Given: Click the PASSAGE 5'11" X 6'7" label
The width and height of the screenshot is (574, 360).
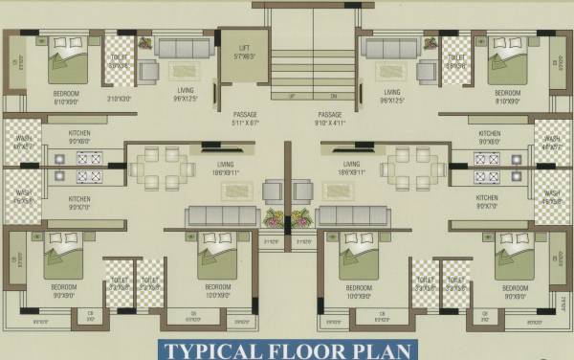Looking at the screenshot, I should coord(244,118).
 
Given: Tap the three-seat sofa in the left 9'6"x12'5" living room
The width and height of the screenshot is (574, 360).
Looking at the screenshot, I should coord(183,48).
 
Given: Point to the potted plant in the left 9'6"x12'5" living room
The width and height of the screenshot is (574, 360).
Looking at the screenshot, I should coord(143,43).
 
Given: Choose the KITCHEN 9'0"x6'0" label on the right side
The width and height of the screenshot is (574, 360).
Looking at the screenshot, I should coord(488,137).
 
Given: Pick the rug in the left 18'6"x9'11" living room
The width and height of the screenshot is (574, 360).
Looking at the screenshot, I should coord(234,191).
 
